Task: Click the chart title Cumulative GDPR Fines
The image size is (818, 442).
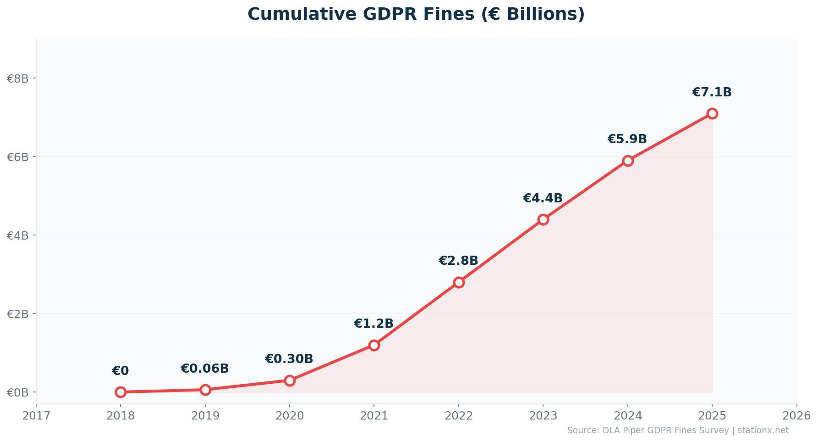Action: (x=416, y=14)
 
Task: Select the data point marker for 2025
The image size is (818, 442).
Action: (x=712, y=113)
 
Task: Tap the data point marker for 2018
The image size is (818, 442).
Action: (x=121, y=392)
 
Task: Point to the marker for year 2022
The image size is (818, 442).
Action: (x=459, y=282)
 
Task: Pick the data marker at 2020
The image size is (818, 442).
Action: (x=290, y=380)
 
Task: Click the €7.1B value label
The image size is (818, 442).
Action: (x=712, y=92)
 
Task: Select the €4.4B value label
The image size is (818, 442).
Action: (x=543, y=198)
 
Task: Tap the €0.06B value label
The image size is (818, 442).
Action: (x=204, y=369)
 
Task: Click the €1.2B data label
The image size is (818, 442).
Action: (x=373, y=324)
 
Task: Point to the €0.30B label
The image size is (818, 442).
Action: (x=289, y=359)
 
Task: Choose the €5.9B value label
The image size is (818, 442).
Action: (x=627, y=139)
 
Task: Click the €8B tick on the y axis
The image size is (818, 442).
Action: (x=18, y=78)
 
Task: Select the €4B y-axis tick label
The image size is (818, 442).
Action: (x=18, y=235)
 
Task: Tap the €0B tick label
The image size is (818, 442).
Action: (x=18, y=392)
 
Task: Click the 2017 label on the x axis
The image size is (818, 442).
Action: (x=36, y=416)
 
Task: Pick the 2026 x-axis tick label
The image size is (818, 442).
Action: (x=796, y=416)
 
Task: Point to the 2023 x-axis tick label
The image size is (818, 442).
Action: (x=543, y=416)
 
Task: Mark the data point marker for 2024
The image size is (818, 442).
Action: (x=628, y=161)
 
